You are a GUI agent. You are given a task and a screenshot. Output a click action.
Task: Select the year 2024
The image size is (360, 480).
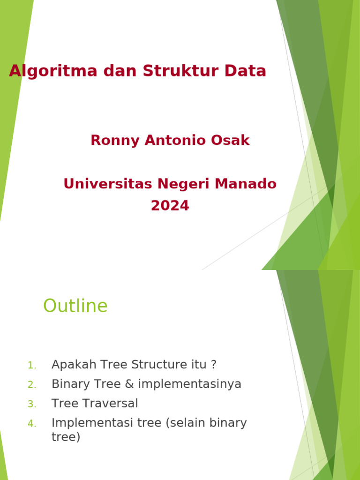pyautogui.click(x=170, y=206)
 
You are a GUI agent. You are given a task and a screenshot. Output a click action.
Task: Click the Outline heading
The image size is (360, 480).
pyautogui.click(x=75, y=306)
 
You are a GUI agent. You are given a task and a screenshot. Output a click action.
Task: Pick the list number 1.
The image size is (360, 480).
pyautogui.click(x=31, y=365)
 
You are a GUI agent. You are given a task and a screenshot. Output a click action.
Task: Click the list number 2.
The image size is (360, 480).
pyautogui.click(x=31, y=385)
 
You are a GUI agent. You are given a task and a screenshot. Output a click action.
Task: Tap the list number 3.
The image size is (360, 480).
pyautogui.click(x=31, y=404)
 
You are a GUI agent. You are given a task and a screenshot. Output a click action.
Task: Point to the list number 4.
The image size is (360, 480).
pyautogui.click(x=31, y=424)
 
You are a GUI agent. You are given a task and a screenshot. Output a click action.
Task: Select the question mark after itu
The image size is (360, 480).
pyautogui.click(x=214, y=365)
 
